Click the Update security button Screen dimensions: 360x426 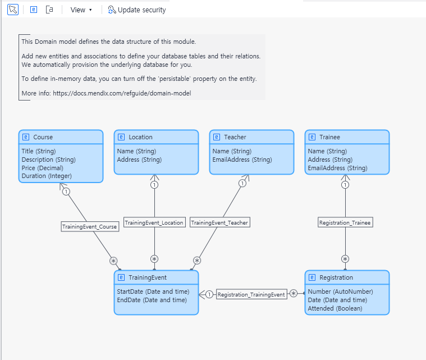click(x=137, y=10)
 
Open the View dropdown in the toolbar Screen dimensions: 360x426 click(x=81, y=10)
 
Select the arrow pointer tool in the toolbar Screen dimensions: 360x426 click(x=12, y=10)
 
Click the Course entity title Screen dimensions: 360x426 click(x=43, y=137)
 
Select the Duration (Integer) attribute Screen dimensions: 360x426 click(x=47, y=176)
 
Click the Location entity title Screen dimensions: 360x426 click(x=140, y=137)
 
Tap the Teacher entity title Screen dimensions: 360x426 click(x=235, y=137)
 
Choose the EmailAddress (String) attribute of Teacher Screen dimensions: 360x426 click(x=242, y=160)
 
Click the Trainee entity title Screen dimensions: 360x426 click(x=329, y=137)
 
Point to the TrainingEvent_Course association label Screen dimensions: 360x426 click(x=90, y=227)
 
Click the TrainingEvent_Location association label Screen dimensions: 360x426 click(x=154, y=222)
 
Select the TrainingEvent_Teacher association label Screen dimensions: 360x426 click(x=219, y=222)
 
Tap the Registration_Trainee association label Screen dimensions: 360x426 click(x=345, y=222)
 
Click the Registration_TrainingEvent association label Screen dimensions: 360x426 click(x=251, y=294)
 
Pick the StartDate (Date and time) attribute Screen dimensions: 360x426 click(x=153, y=292)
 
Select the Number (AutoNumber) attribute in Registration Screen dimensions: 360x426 click(x=340, y=292)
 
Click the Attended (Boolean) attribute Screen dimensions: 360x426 click(x=335, y=308)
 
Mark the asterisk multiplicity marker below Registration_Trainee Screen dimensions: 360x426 click(x=345, y=259)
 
